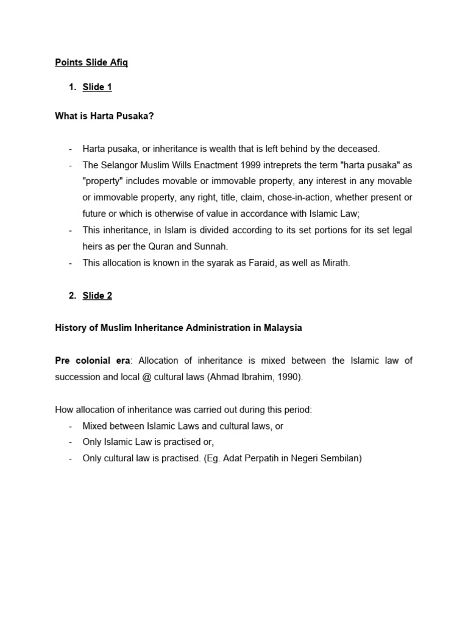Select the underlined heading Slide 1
(97, 87)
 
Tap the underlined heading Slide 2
(97, 296)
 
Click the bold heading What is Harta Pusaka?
(104, 116)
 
